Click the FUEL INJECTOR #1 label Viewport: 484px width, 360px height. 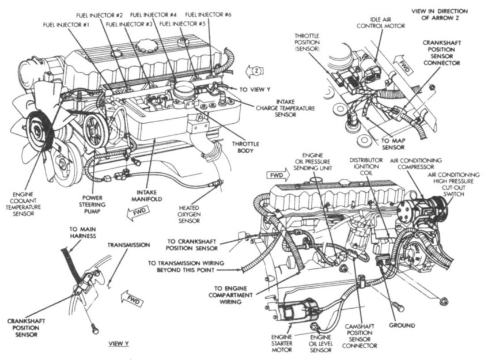pos(65,25)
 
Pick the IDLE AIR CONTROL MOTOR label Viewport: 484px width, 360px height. pos(377,22)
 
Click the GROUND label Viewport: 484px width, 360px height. pos(402,325)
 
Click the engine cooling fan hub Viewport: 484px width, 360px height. pos(42,128)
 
